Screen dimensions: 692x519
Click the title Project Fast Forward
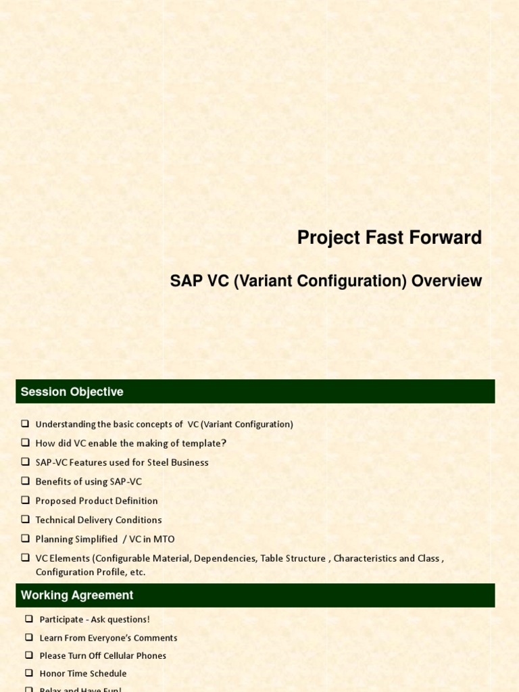coord(389,238)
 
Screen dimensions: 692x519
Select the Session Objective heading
coord(72,392)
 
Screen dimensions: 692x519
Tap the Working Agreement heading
coord(77,595)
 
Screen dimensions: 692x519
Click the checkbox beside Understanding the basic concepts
coord(25,424)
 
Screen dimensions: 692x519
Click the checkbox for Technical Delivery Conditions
coord(25,520)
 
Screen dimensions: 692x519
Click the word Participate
coord(61,620)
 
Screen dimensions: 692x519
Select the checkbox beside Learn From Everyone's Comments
coord(29,638)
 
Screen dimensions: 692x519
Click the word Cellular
coord(122,656)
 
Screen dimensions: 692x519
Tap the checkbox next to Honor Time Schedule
coord(29,674)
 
